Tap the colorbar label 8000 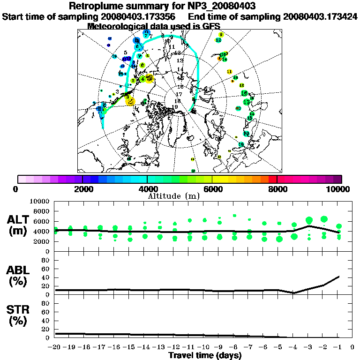click(x=277, y=189)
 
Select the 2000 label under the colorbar click(x=82, y=189)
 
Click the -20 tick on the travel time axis click(x=55, y=347)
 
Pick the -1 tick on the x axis click(x=338, y=347)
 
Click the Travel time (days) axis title click(x=205, y=355)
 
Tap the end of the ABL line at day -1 click(x=338, y=276)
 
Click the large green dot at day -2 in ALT click(x=323, y=219)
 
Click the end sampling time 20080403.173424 click(x=320, y=16)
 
